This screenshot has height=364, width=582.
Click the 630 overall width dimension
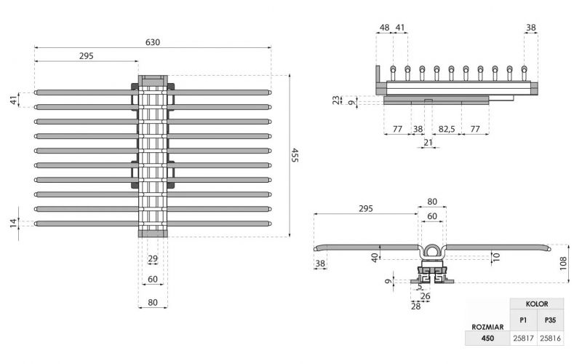153,42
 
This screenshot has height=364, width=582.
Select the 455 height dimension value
295,155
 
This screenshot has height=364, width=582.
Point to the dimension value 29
153,259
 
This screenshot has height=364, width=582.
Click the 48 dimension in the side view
384,28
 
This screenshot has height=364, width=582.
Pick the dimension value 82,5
447,128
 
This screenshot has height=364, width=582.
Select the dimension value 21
426,142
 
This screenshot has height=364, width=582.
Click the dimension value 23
336,100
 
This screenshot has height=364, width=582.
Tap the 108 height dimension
563,263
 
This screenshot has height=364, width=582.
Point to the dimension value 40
375,256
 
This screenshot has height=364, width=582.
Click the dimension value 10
496,256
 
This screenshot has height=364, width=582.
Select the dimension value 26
426,296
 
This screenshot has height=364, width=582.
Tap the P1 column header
523,319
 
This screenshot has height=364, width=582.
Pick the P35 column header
551,319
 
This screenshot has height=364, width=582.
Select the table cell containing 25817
523,339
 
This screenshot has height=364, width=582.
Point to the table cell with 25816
551,339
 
